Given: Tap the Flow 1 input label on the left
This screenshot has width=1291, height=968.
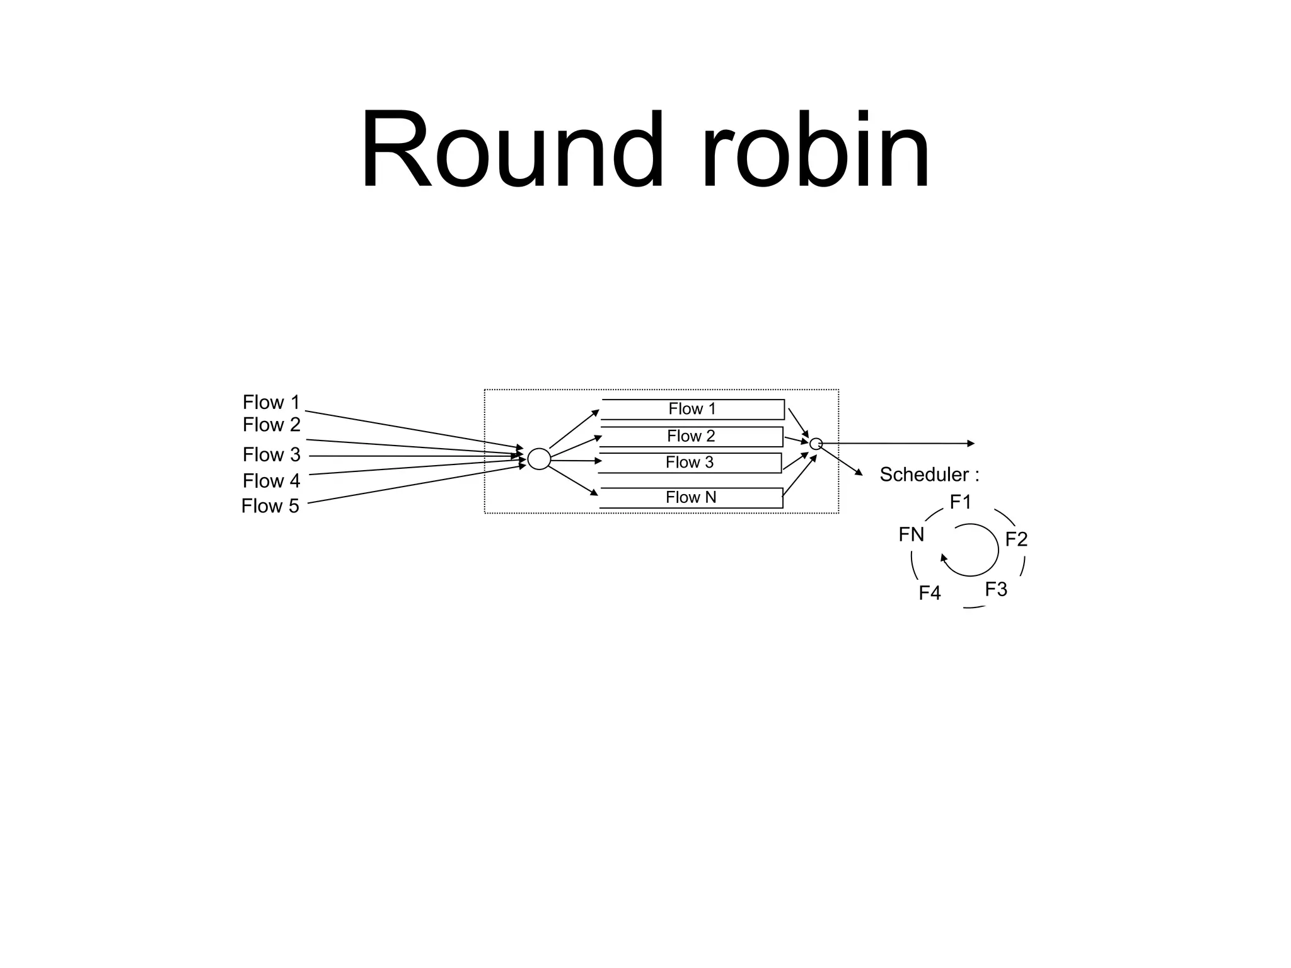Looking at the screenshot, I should pyautogui.click(x=271, y=402).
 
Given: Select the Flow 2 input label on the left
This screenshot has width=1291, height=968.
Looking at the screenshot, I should pyautogui.click(x=271, y=425).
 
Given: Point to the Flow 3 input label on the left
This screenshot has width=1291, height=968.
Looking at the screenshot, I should pyautogui.click(x=271, y=454).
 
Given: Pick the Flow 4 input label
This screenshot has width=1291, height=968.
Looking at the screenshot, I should pyautogui.click(x=271, y=481).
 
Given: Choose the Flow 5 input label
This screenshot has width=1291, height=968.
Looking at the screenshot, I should pyautogui.click(x=270, y=506).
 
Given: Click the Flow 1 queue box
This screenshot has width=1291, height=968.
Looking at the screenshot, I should pyautogui.click(x=692, y=409).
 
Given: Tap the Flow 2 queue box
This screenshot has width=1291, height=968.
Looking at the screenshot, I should pyautogui.click(x=691, y=436).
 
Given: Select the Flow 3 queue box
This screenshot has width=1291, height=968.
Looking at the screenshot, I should pyautogui.click(x=690, y=463).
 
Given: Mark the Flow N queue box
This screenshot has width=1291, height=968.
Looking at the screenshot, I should pyautogui.click(x=691, y=497).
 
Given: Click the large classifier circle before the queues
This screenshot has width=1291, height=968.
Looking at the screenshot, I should pyautogui.click(x=539, y=459).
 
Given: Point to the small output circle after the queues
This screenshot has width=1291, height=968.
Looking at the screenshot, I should pyautogui.click(x=816, y=444).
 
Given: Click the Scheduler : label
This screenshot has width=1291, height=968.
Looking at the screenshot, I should pyautogui.click(x=929, y=475).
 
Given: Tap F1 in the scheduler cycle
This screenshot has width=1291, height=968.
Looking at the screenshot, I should pyautogui.click(x=961, y=502).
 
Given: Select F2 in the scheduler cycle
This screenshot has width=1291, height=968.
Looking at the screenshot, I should pyautogui.click(x=1016, y=539).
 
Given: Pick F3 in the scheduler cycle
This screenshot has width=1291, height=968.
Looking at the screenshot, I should pyautogui.click(x=996, y=589).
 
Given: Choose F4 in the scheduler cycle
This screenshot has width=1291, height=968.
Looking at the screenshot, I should pyautogui.click(x=930, y=593).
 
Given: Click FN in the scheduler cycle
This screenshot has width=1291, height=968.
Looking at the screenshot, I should pyautogui.click(x=912, y=535).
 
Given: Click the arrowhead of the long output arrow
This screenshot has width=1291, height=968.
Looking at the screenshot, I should pyautogui.click(x=971, y=444).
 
